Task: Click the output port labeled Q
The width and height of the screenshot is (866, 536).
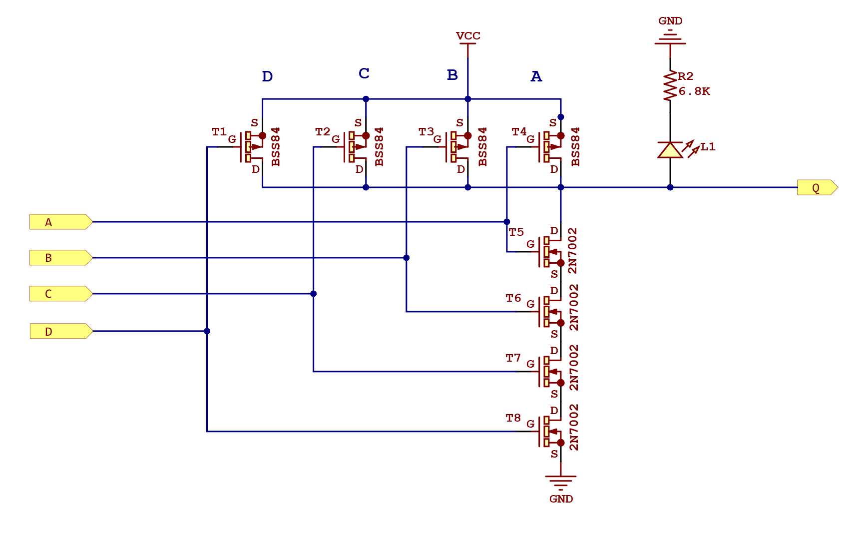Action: point(817,188)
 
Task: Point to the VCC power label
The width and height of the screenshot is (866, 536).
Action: point(468,36)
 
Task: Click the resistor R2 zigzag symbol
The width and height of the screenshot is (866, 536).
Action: point(670,86)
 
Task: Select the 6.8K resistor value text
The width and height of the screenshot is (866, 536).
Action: point(694,91)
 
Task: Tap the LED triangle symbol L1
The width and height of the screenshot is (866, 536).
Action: point(670,150)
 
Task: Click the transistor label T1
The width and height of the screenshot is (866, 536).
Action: point(219,132)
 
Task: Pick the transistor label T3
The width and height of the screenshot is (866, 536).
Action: point(426,132)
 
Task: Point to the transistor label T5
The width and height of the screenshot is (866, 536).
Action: point(516,232)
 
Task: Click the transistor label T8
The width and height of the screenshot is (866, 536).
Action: point(513,418)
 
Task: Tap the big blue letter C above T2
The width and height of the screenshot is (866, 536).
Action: point(364,73)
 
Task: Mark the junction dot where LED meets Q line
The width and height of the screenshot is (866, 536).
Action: point(670,187)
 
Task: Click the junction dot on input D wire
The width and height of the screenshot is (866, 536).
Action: point(207,331)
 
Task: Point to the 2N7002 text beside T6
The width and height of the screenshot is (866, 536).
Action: point(574,307)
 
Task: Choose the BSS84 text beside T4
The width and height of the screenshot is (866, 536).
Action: point(575,146)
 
